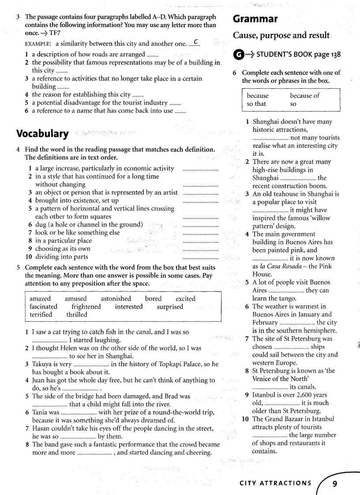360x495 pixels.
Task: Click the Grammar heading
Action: click(255, 19)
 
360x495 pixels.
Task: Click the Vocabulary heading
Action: click(42, 134)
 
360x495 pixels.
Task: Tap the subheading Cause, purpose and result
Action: click(281, 35)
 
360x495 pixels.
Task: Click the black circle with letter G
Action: click(238, 55)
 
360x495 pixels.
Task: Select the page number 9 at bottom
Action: click(335, 484)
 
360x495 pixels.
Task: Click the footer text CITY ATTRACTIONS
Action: click(275, 483)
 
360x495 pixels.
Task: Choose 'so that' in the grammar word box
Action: click(256, 104)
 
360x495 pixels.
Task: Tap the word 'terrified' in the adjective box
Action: click(41, 315)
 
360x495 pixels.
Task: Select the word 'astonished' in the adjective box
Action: click(116, 298)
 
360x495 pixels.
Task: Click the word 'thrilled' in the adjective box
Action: click(77, 315)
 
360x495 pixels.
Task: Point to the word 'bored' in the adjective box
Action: click(153, 298)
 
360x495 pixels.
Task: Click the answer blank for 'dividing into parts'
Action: click(200, 257)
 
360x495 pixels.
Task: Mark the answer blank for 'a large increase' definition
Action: click(200, 169)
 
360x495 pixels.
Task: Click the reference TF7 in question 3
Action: click(55, 33)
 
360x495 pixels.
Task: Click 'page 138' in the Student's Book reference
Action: click(327, 55)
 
